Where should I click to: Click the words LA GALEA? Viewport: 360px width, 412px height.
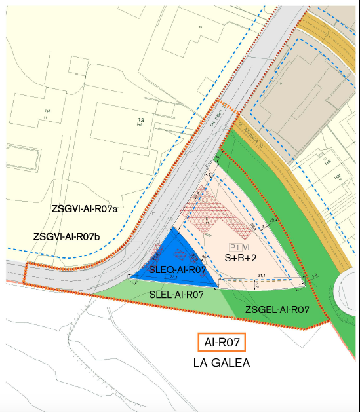pos(224,362)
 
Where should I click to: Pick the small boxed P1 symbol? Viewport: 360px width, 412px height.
pos(234,247)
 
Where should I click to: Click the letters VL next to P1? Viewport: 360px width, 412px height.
pos(247,247)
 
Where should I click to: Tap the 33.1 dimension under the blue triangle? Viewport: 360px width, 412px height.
pos(174,278)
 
